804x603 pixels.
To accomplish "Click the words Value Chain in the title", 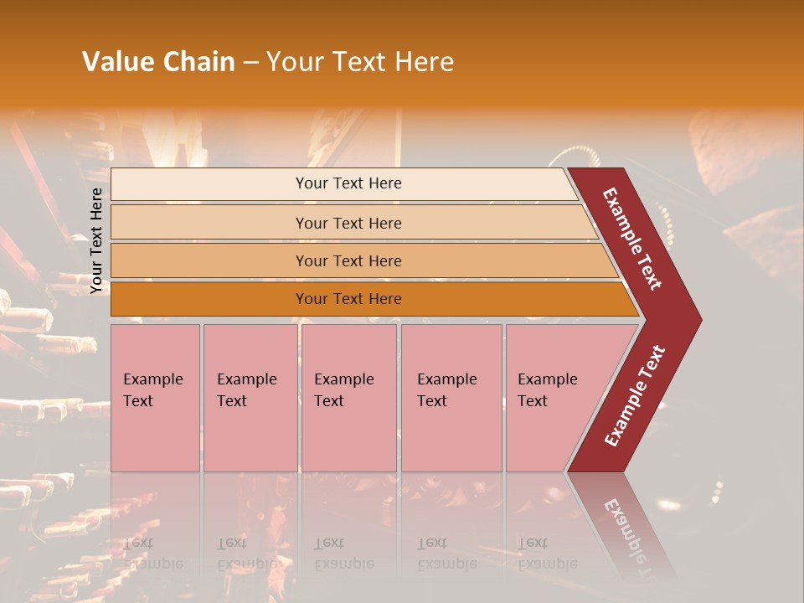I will (x=158, y=62).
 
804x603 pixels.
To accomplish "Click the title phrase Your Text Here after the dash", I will (x=360, y=62).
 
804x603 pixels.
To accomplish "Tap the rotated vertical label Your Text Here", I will (x=96, y=240).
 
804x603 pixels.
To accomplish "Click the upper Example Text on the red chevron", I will (x=633, y=239).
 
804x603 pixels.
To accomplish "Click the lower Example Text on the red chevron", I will (x=635, y=396).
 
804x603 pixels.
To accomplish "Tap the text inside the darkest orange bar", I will (x=348, y=299).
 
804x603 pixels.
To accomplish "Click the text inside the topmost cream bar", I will (x=348, y=183).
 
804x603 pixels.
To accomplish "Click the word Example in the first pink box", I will (x=152, y=379).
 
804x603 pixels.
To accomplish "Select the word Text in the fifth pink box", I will (x=533, y=401).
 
